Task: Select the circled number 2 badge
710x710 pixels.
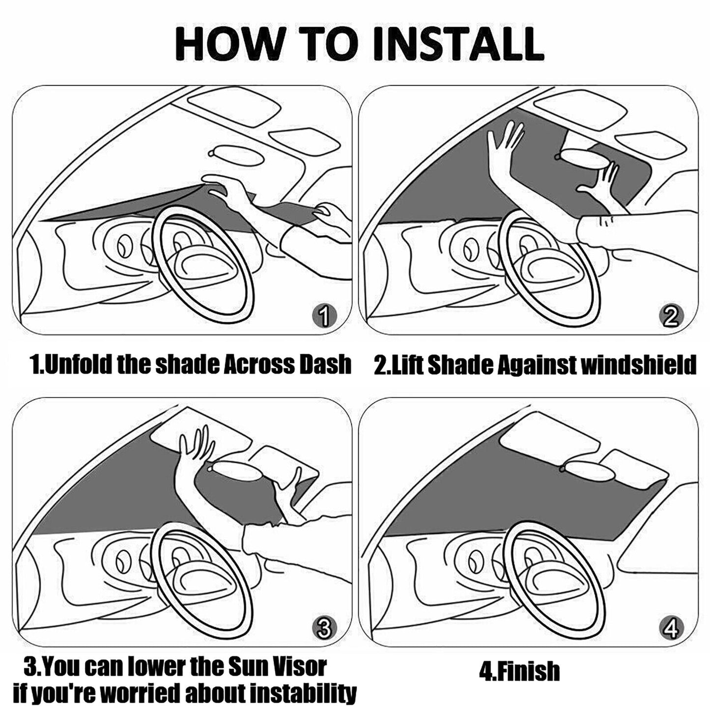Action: click(671, 316)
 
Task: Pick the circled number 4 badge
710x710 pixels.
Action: click(671, 628)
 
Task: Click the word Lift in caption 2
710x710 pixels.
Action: click(407, 365)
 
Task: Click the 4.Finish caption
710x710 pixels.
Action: click(519, 671)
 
